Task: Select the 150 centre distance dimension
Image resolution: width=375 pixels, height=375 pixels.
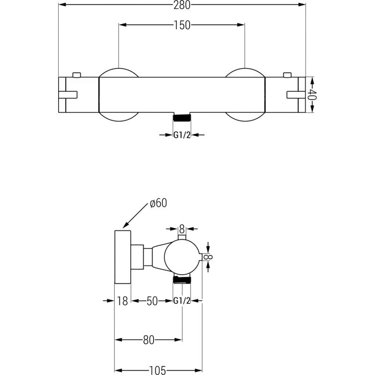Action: coord(182,25)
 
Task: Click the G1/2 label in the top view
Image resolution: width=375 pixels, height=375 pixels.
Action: coord(182,135)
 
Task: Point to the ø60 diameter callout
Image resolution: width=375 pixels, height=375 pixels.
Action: coord(158,203)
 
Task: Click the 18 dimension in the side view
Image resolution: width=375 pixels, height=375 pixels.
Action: coord(122,301)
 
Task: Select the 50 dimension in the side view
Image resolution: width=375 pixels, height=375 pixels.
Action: coord(152,301)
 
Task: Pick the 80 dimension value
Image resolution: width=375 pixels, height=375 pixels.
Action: coord(149,340)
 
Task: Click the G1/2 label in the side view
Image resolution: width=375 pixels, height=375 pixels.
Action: coord(182,301)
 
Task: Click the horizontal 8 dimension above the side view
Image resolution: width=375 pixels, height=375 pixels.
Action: coord(182,229)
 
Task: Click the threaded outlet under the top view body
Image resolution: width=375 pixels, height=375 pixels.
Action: coord(182,117)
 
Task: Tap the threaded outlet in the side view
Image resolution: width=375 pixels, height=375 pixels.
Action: coord(182,280)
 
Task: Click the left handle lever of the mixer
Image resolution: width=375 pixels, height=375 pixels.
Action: coord(68,94)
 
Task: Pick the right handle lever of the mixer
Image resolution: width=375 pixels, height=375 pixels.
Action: coord(295,94)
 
